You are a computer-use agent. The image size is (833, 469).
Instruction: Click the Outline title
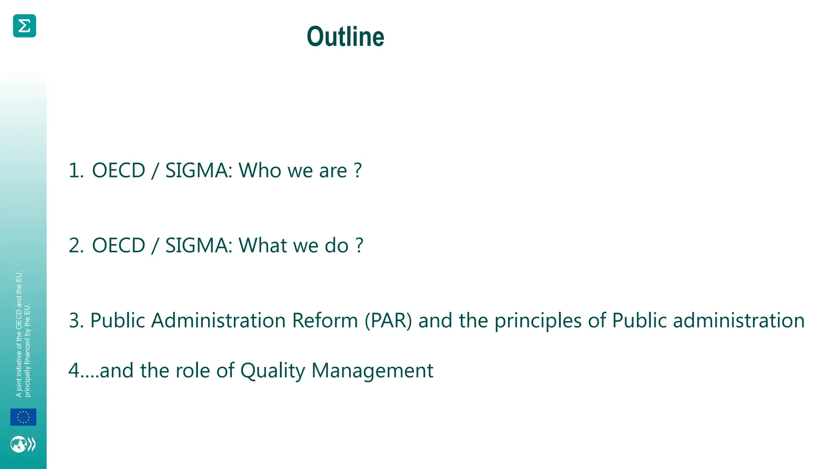tap(345, 37)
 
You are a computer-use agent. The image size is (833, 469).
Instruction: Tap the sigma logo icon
tap(24, 26)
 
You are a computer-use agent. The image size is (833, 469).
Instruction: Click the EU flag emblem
tap(23, 417)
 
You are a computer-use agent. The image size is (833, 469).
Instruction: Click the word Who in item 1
tap(260, 170)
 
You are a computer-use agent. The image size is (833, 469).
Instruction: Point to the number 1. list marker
tap(76, 170)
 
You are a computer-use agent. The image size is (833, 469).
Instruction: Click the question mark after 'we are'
tap(358, 170)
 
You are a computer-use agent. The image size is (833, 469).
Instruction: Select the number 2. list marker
tap(76, 245)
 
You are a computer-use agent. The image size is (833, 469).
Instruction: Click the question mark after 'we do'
tap(359, 245)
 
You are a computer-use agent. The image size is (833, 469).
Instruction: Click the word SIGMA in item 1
tap(198, 170)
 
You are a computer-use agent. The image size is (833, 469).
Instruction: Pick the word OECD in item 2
tap(119, 245)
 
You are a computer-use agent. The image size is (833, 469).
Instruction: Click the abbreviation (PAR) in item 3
tap(388, 320)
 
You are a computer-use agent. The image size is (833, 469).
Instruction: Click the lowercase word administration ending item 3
tap(739, 320)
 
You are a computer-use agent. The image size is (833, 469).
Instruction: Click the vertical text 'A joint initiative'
tap(19, 366)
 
